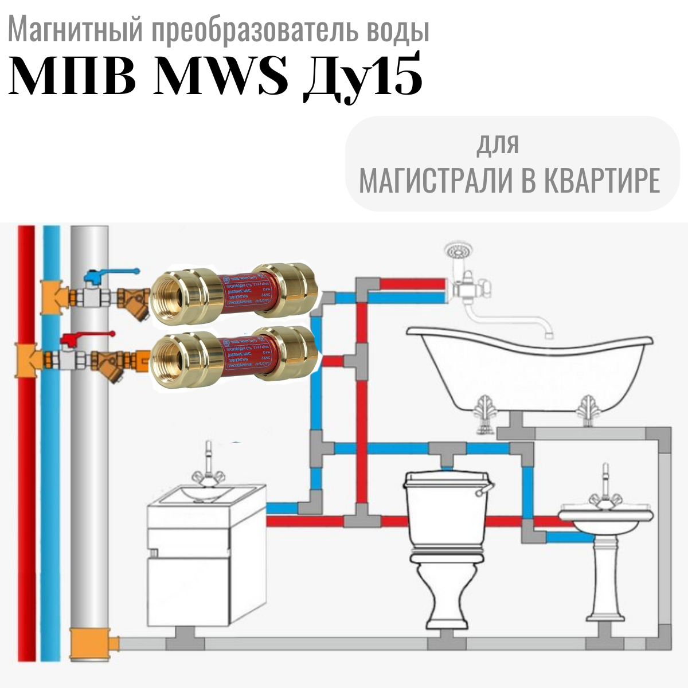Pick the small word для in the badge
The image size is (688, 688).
point(498,144)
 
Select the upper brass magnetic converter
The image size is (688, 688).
point(235,292)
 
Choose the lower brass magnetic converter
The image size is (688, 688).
point(235,355)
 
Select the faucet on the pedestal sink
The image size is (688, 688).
point(605,484)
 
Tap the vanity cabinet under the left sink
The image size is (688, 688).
point(206,568)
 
